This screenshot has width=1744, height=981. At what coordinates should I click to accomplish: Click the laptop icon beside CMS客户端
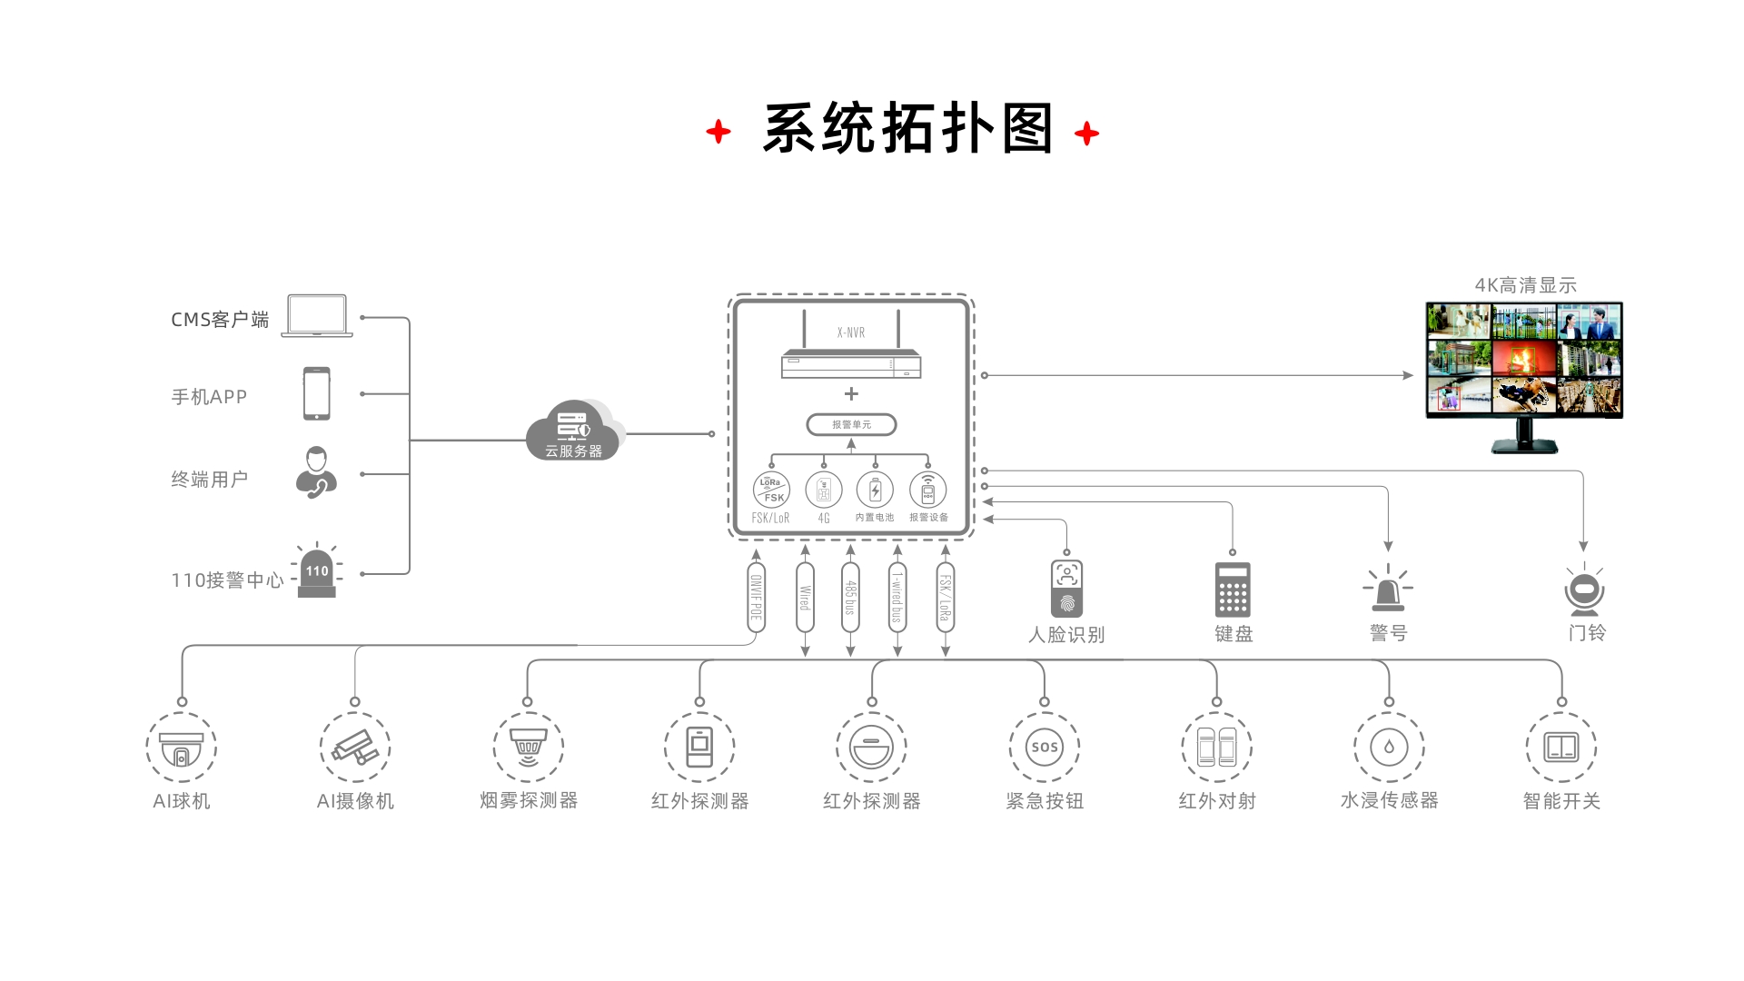[317, 315]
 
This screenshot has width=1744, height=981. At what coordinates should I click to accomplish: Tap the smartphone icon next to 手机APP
[317, 393]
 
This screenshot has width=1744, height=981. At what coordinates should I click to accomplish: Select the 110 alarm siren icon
[317, 573]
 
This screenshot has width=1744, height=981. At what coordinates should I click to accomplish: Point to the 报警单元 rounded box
[851, 424]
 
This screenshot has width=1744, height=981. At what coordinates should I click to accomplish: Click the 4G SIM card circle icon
[824, 490]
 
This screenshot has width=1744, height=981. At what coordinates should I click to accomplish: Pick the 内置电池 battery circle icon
[875, 490]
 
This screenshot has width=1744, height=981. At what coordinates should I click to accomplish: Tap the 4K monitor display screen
[1524, 360]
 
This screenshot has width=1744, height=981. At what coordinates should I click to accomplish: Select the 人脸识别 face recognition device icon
[1066, 589]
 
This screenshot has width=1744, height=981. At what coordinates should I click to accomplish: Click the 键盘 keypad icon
[1233, 590]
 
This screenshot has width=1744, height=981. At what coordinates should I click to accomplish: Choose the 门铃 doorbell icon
[1585, 590]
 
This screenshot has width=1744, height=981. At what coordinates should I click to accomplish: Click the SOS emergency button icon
[1045, 748]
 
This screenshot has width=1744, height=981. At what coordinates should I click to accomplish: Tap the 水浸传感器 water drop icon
[1389, 748]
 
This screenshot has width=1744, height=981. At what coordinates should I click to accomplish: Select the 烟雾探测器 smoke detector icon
[529, 747]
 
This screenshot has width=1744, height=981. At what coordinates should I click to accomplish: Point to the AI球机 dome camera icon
[182, 748]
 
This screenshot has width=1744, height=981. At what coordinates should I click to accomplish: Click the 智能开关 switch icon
[1561, 748]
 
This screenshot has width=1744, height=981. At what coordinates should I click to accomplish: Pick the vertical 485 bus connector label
[851, 598]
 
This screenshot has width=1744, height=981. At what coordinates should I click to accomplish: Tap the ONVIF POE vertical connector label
[756, 598]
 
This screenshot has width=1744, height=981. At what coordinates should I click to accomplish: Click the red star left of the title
[718, 132]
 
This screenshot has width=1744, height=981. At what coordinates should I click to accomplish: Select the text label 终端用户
[210, 479]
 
